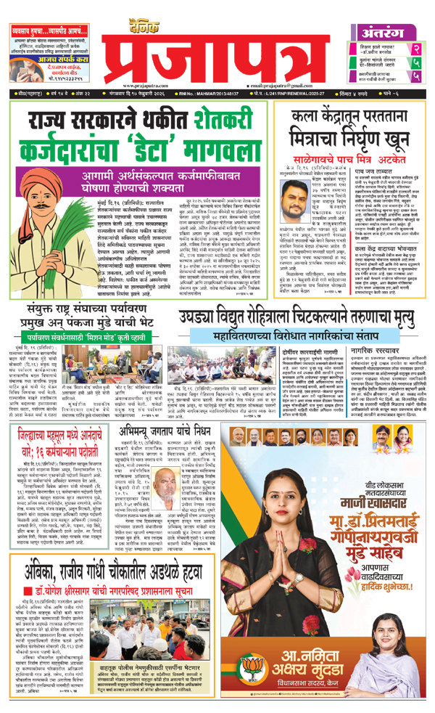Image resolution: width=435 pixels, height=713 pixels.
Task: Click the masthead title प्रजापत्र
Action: pyautogui.click(x=218, y=42)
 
